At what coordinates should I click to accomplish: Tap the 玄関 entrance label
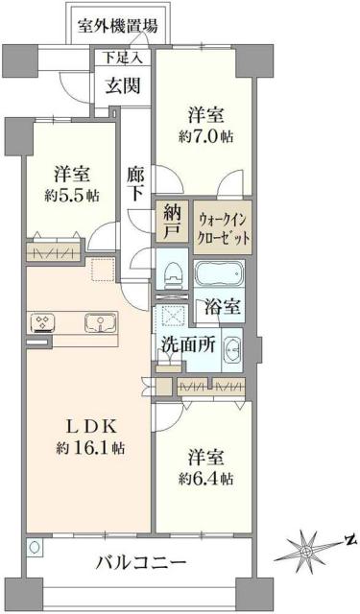[x=123, y=84]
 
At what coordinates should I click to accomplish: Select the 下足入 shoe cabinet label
[x=122, y=58]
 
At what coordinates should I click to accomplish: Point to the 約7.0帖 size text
[x=204, y=135]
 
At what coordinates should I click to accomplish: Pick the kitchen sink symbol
[x=96, y=322]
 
